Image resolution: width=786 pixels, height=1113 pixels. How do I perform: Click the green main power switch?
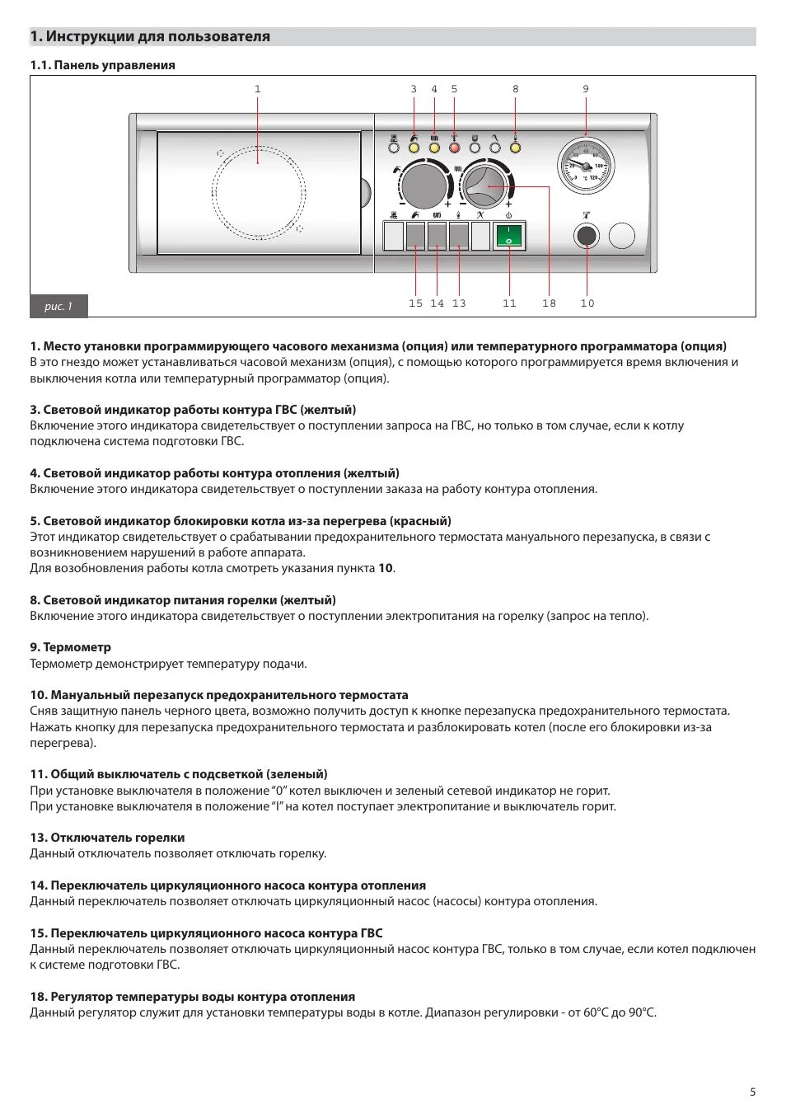(x=508, y=236)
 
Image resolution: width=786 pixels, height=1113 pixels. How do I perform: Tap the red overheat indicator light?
(x=454, y=148)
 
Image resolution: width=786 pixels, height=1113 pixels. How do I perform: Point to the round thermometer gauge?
(x=586, y=165)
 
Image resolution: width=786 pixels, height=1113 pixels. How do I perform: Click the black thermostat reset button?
(x=587, y=237)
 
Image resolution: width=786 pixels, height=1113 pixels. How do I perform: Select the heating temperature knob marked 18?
(x=486, y=186)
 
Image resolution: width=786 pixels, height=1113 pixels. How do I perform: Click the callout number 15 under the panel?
(x=415, y=303)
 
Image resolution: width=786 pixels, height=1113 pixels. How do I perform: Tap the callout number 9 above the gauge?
(x=586, y=89)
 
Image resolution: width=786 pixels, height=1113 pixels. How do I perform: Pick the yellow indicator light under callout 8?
(x=515, y=148)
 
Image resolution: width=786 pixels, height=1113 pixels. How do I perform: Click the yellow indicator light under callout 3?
(x=414, y=148)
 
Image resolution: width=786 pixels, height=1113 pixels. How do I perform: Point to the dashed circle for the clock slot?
(x=259, y=194)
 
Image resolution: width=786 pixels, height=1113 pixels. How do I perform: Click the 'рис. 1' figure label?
(x=58, y=307)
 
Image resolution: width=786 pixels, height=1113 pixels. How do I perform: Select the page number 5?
(x=752, y=1092)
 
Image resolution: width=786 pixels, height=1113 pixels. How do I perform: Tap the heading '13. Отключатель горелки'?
(x=107, y=838)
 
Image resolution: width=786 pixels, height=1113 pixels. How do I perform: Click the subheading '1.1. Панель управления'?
(x=102, y=65)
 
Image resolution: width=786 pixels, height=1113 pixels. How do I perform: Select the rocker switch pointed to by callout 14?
(x=437, y=237)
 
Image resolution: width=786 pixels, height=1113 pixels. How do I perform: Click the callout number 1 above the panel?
(x=258, y=89)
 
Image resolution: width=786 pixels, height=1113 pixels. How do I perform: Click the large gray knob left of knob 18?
(x=423, y=186)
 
